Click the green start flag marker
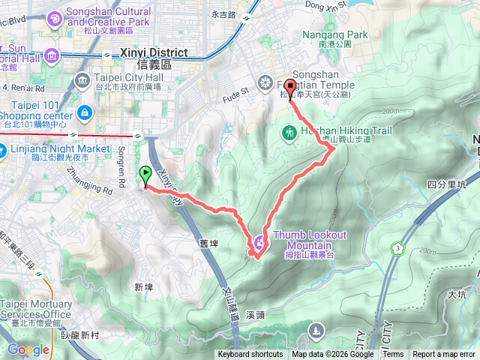144,175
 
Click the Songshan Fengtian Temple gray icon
265,82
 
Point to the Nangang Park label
335,34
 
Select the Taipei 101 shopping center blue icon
84,113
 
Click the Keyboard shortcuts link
250,355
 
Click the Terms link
393,355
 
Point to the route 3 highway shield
395,247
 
